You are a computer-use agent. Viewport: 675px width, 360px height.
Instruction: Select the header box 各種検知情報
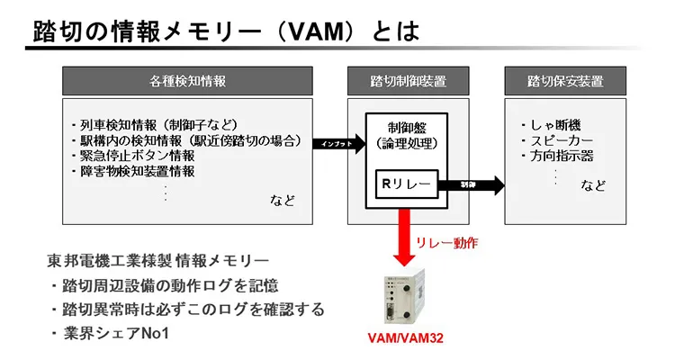tap(187, 81)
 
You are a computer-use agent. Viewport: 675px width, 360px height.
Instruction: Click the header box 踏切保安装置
tap(565, 81)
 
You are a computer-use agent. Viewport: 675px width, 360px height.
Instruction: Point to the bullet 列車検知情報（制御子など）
tap(152, 125)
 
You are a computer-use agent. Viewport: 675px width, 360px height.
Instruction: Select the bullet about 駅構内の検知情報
tap(184, 140)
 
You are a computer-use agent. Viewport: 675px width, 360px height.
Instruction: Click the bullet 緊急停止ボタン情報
tap(131, 156)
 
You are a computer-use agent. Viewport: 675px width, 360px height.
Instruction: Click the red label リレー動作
tap(447, 243)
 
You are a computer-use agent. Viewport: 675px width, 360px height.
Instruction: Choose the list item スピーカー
tap(555, 141)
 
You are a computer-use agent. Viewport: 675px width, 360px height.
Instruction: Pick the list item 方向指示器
tap(555, 157)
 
